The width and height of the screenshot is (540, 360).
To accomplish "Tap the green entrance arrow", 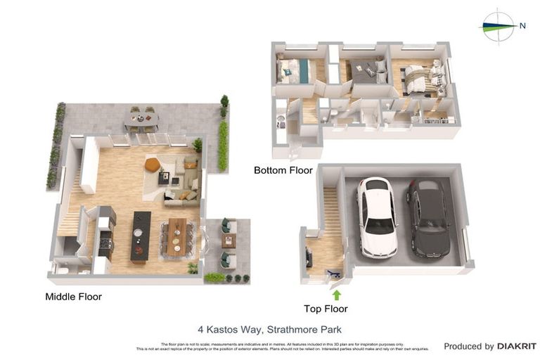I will [337, 295].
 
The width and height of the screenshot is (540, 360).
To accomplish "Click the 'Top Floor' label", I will [326, 309].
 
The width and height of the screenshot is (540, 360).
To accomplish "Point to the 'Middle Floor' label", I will [73, 297].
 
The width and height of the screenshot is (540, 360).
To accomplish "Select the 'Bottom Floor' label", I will [283, 170].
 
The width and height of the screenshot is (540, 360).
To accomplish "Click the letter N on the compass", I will [522, 25].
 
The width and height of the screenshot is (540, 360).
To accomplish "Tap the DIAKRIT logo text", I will [517, 346].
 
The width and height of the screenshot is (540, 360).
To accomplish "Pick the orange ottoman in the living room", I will [153, 165].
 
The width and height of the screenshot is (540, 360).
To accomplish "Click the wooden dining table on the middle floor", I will [176, 236].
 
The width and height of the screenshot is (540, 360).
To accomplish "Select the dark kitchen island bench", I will [140, 236].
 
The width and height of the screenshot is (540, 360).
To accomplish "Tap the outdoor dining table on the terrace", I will [142, 120].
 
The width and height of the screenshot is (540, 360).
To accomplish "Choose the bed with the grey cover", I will [364, 72].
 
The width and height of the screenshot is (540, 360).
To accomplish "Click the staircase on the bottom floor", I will [310, 111].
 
